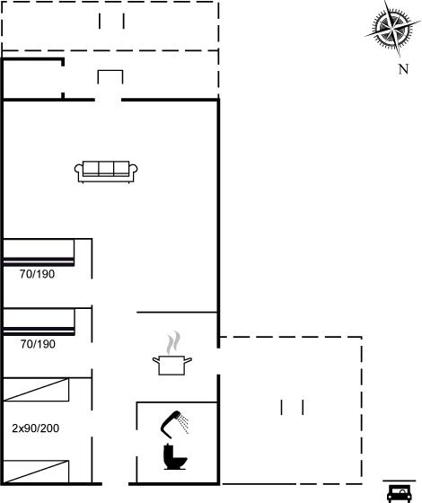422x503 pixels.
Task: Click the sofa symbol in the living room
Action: click(106, 172)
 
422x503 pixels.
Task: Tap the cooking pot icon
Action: click(171, 365)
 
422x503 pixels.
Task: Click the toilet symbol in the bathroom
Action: click(175, 457)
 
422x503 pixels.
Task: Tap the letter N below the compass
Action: click(403, 69)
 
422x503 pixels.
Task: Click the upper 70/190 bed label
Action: click(37, 274)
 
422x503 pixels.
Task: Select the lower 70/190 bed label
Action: click(38, 344)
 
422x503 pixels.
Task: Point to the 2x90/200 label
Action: click(36, 428)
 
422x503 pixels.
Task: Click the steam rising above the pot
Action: click(174, 342)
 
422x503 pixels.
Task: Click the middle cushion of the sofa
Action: click(106, 168)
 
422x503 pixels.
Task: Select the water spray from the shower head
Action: click(184, 423)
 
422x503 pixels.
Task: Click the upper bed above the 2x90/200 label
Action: click(36, 390)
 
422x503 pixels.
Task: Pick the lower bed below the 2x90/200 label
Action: click(36, 472)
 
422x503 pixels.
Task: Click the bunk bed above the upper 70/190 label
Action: click(39, 252)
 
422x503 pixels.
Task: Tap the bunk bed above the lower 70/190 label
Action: click(39, 322)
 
